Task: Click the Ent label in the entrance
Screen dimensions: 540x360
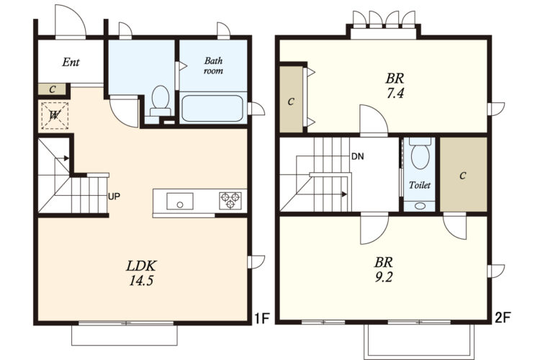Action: point(71,62)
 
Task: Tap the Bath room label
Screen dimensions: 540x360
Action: point(214,66)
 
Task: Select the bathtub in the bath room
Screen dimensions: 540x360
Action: point(212,109)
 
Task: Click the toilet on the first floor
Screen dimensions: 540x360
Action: point(161,101)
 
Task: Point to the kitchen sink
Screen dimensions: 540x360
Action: point(180,201)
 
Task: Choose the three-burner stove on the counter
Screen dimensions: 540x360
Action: point(230,201)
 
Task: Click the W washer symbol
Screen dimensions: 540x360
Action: point(55,115)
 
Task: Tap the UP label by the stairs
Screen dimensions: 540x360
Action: point(114,197)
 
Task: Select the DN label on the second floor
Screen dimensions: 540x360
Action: point(357,156)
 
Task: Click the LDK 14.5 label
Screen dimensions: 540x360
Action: point(141,273)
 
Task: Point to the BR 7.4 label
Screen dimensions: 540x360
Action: point(395,86)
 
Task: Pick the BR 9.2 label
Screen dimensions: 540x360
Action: point(384,270)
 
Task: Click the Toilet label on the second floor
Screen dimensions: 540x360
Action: point(420,185)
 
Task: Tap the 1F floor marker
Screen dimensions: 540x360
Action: point(261,318)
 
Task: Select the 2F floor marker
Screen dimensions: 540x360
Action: point(502,318)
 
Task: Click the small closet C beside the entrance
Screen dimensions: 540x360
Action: point(52,89)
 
